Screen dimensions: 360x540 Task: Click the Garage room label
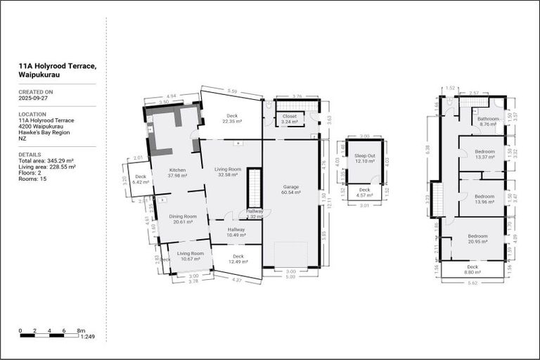point(290,187)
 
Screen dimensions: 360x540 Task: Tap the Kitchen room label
point(176,170)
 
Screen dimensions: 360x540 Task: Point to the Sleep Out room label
point(364,156)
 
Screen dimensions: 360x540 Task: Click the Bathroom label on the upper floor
point(488,119)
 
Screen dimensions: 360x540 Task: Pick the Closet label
point(290,116)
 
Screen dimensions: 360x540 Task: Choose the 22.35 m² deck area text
point(231,122)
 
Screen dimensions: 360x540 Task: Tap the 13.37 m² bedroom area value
point(484,157)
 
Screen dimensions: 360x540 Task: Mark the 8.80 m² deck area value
point(472,272)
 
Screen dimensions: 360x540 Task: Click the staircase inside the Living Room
point(254,188)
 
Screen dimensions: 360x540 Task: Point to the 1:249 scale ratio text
point(88,337)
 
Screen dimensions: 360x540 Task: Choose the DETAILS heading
point(30,154)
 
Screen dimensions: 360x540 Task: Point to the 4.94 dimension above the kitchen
point(171,96)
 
